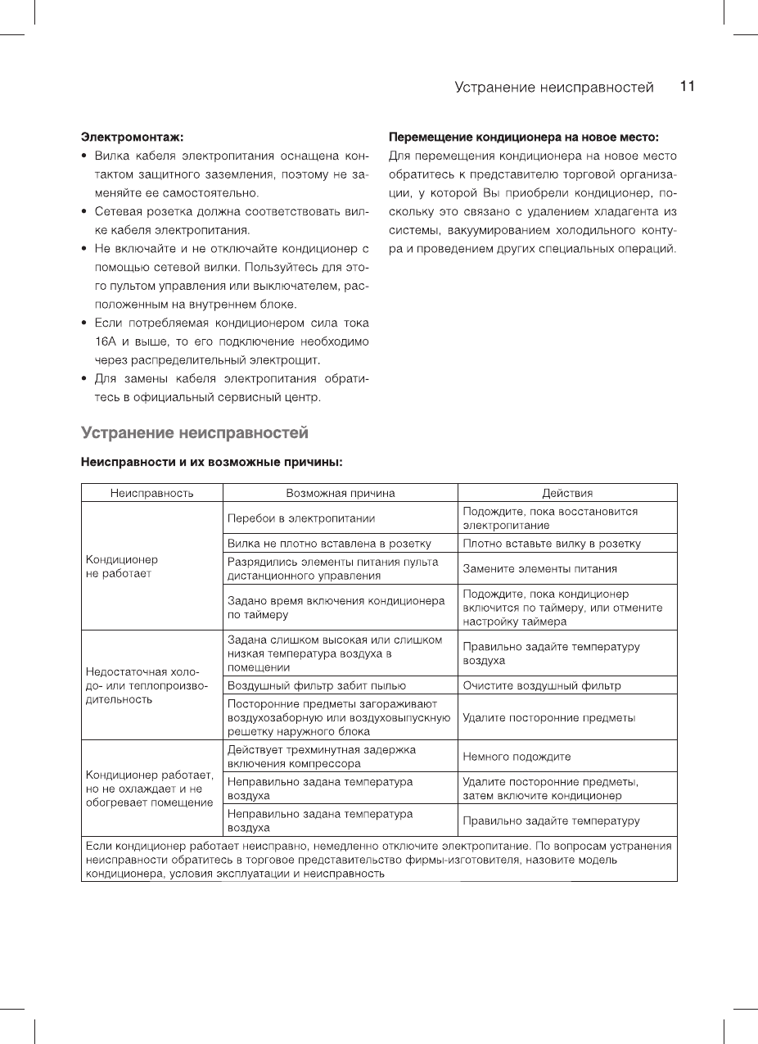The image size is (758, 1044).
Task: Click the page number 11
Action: click(687, 87)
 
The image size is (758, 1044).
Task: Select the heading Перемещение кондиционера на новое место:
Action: click(523, 136)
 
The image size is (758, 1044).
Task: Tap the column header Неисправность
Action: click(151, 493)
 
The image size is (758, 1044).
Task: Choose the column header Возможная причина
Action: click(340, 493)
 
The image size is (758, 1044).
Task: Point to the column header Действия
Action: click(567, 493)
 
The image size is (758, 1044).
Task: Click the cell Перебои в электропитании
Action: click(301, 518)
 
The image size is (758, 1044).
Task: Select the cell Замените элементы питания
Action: click(540, 568)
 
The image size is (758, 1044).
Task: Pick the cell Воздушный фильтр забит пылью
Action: click(317, 685)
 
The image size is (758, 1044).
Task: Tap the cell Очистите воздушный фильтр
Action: click(542, 685)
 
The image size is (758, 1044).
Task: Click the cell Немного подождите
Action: click(517, 757)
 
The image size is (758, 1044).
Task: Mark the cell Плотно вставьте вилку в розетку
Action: click(552, 544)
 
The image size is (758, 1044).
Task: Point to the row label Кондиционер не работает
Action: click(122, 567)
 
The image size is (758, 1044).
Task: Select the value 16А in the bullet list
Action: click(105, 341)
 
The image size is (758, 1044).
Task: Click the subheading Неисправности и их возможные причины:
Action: click(210, 462)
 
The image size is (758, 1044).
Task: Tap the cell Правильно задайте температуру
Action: click(551, 820)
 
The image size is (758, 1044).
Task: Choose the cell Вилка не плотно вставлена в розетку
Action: click(329, 544)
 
